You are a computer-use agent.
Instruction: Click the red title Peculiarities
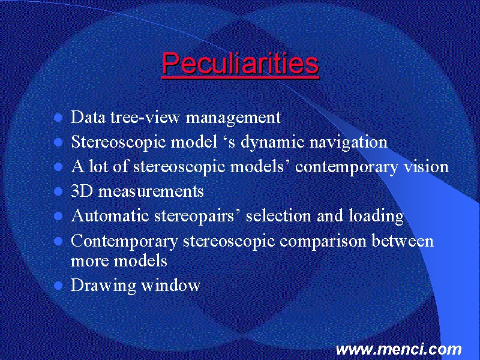click(241, 64)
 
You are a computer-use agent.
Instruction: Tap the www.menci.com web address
click(398, 349)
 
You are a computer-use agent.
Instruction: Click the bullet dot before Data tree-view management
click(58, 118)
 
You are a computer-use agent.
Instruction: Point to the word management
click(233, 118)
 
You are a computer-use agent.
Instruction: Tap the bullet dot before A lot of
click(58, 167)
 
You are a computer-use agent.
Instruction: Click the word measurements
click(151, 191)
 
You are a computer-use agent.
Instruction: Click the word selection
click(278, 216)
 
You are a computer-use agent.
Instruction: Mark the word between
click(403, 241)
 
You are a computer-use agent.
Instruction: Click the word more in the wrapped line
click(89, 262)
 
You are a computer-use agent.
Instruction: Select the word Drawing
click(103, 286)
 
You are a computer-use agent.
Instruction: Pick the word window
click(170, 285)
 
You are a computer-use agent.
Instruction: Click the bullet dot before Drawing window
click(58, 286)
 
